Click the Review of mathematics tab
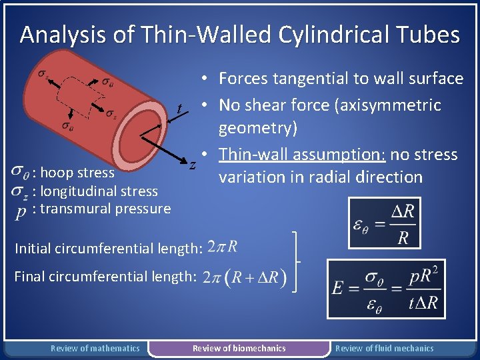[x=95, y=348]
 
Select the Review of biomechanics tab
[x=239, y=348]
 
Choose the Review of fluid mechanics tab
[x=384, y=348]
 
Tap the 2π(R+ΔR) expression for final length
[x=244, y=277]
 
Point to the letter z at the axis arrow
[x=192, y=164]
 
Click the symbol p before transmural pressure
[x=21, y=211]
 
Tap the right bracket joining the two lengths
[x=295, y=261]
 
